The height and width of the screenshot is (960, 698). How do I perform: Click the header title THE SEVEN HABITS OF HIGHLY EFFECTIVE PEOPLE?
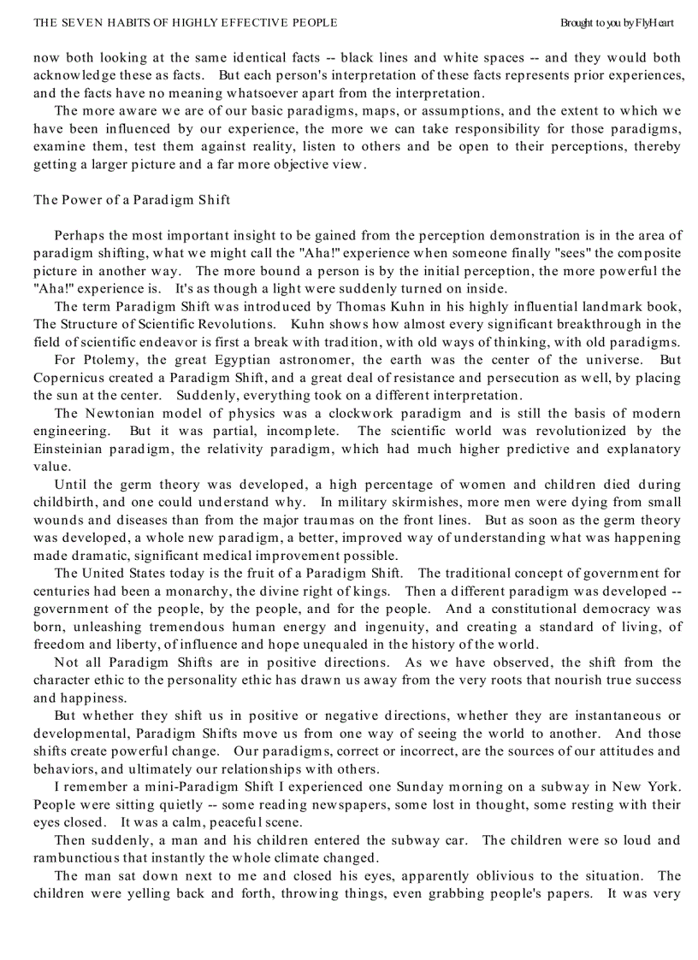coord(185,23)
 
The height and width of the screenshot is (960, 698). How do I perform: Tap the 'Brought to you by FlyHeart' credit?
coord(617,23)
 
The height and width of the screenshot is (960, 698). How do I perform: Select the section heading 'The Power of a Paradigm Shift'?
coord(132,200)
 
